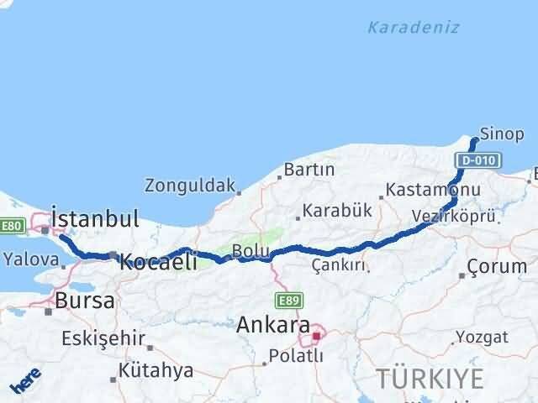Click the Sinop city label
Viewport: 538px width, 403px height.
[504, 134]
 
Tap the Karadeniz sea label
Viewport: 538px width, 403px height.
[413, 27]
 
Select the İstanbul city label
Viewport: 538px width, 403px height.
[95, 219]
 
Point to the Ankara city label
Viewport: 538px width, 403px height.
[273, 324]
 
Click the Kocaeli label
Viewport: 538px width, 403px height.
[159, 261]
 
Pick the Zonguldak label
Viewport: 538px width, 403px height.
[189, 185]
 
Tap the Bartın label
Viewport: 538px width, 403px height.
[309, 170]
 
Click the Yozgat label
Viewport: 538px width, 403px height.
[482, 338]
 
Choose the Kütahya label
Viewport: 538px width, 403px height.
[156, 369]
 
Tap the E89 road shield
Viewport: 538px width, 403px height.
[287, 300]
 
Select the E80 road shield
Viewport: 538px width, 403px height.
[11, 226]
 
